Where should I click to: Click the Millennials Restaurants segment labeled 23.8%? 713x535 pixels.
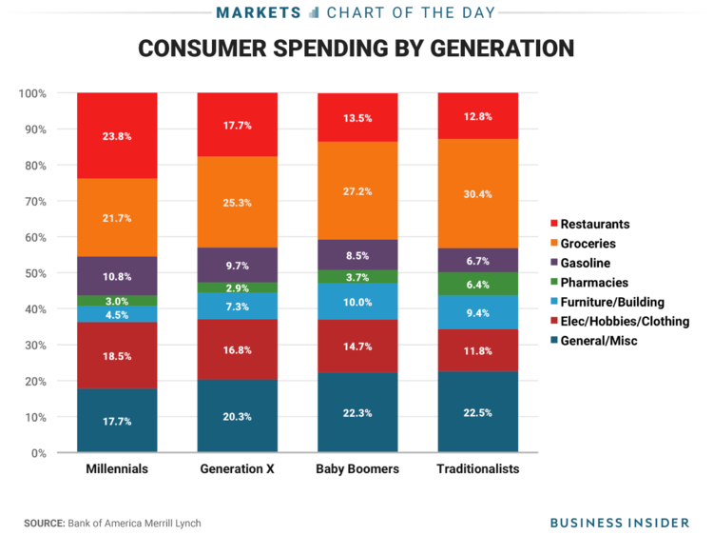pyautogui.click(x=117, y=135)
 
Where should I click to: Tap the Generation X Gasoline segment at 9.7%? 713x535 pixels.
pyautogui.click(x=237, y=265)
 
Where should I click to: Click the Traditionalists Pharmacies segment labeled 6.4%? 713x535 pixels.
pyautogui.click(x=477, y=284)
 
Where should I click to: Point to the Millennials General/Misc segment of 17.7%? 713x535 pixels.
pyautogui.click(x=117, y=420)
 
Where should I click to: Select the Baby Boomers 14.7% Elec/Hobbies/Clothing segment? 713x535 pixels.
pyautogui.click(x=356, y=346)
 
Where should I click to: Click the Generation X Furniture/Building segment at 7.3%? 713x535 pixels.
pyautogui.click(x=237, y=306)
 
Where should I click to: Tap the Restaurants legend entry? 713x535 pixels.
pyautogui.click(x=594, y=224)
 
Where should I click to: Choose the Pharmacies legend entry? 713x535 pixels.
pyautogui.click(x=594, y=282)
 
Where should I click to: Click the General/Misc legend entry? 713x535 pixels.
pyautogui.click(x=599, y=340)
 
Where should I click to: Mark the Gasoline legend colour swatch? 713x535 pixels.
pyautogui.click(x=552, y=263)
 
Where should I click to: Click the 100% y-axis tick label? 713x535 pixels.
pyautogui.click(x=31, y=93)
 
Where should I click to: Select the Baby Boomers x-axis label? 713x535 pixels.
pyautogui.click(x=356, y=469)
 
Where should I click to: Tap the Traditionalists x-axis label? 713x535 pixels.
pyautogui.click(x=477, y=469)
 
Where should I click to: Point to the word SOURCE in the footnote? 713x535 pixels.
pyautogui.click(x=44, y=523)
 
